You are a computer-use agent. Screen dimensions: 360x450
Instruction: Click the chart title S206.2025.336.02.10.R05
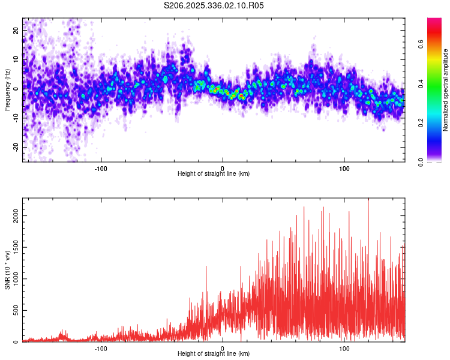point(214,5)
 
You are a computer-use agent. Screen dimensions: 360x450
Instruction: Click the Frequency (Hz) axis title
point(8,89)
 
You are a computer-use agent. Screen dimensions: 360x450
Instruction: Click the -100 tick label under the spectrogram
point(101,168)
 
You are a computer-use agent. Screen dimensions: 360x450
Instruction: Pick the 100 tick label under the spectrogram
point(344,168)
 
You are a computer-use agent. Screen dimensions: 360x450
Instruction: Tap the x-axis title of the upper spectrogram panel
point(214,174)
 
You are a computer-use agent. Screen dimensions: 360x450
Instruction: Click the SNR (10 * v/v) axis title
point(8,270)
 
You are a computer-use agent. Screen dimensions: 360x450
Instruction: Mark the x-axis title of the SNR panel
point(214,354)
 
